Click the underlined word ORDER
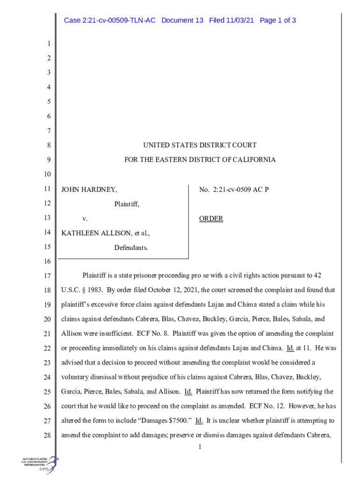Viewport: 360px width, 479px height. [x=211, y=218]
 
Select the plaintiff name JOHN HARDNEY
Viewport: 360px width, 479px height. [x=89, y=189]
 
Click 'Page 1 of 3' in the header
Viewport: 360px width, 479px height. [x=278, y=20]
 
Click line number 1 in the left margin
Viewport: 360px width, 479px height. [x=48, y=44]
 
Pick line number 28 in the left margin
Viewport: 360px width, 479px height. [x=46, y=436]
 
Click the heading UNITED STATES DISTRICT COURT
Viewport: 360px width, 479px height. [x=200, y=145]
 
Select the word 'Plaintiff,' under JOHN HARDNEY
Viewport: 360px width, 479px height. [x=127, y=204]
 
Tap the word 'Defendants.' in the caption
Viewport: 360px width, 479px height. [x=131, y=247]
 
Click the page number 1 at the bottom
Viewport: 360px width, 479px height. [x=200, y=447]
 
